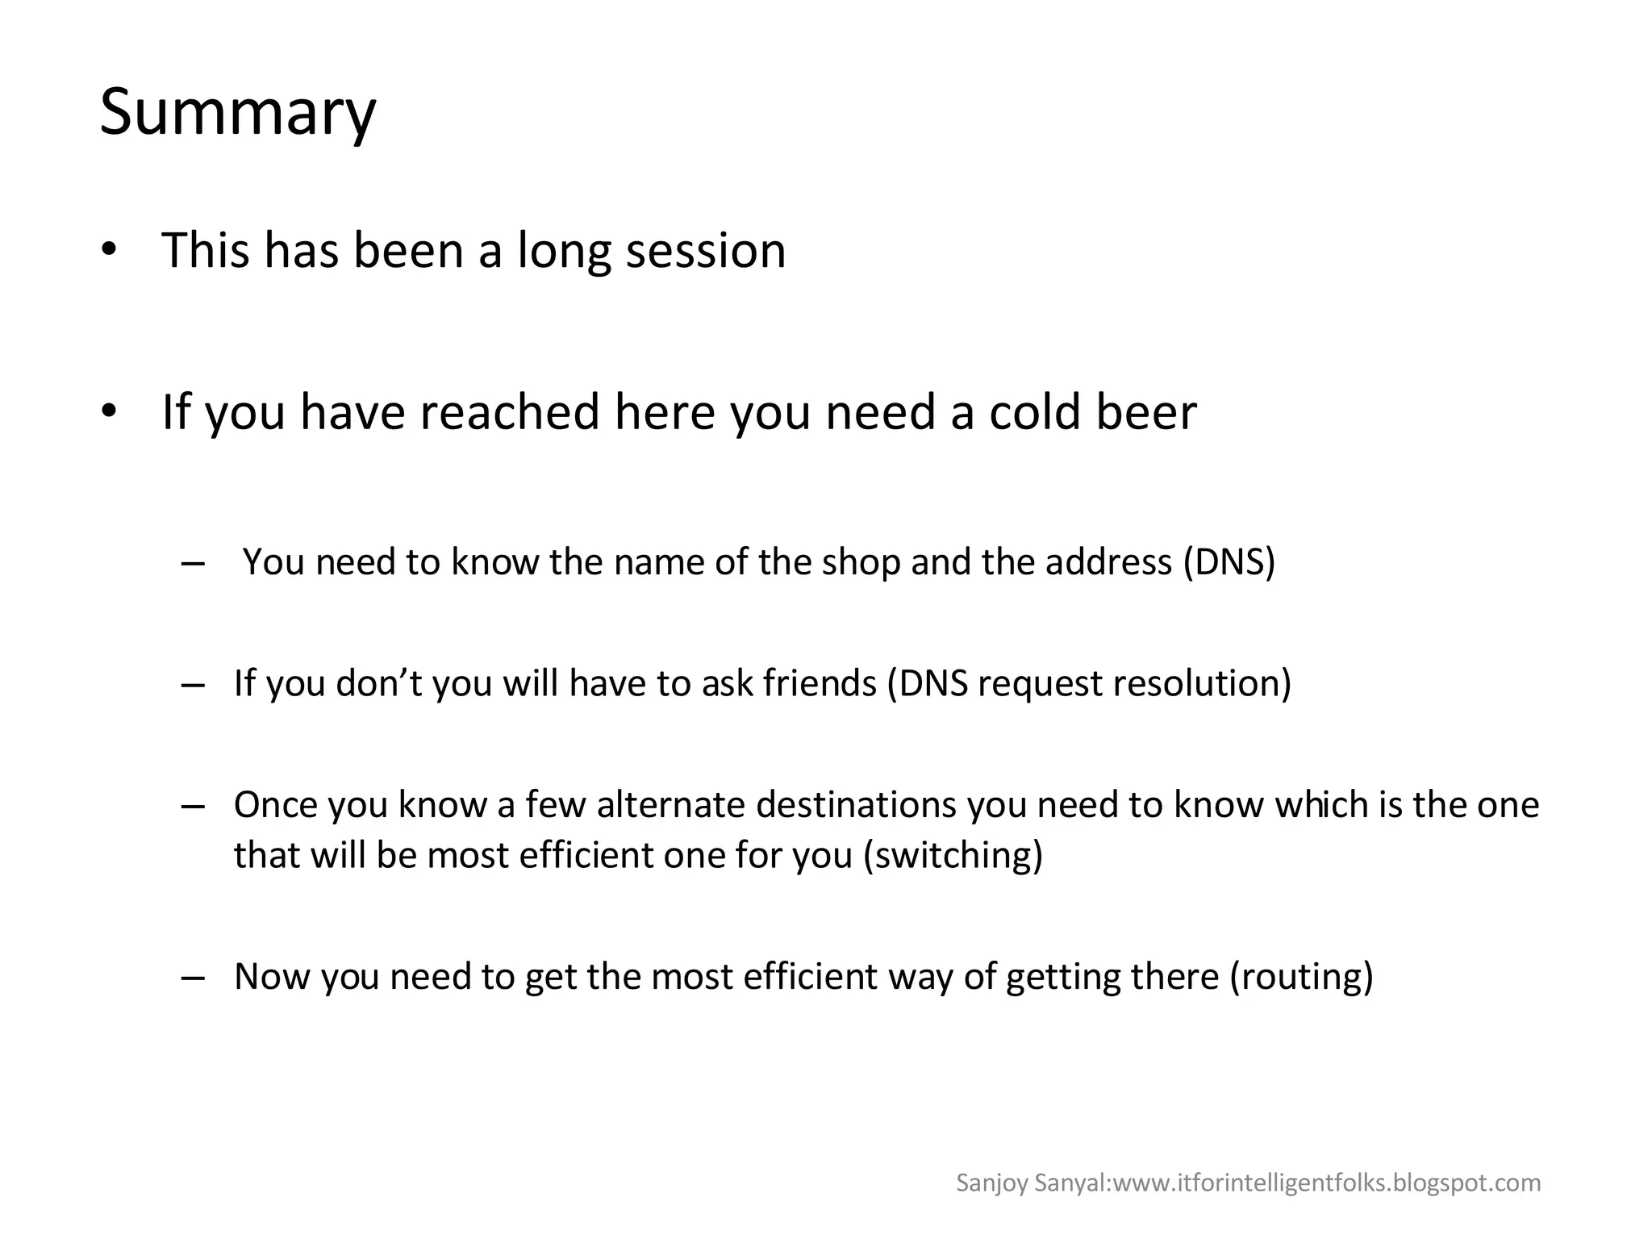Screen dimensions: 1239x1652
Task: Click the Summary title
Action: coord(238,112)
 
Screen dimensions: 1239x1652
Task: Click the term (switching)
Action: coord(953,855)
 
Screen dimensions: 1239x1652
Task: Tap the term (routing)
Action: coord(1301,976)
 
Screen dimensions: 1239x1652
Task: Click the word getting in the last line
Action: coord(1063,977)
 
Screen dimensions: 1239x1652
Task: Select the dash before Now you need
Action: coord(193,977)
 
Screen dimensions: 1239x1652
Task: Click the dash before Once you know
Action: coord(193,806)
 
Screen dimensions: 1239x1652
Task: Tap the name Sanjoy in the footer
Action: coord(981,1183)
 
